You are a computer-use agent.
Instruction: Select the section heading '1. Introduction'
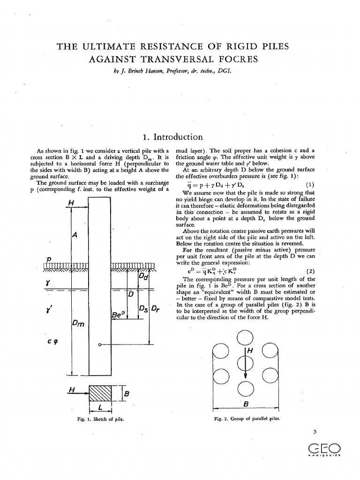click(x=172, y=137)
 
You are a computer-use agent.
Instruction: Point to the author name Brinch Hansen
click(x=141, y=71)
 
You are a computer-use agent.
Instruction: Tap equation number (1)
click(x=309, y=184)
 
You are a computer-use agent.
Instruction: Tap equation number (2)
click(x=309, y=271)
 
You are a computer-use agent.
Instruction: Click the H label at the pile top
click(x=71, y=202)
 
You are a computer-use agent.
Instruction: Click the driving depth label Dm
click(x=77, y=324)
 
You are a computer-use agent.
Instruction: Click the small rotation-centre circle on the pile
click(x=100, y=345)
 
